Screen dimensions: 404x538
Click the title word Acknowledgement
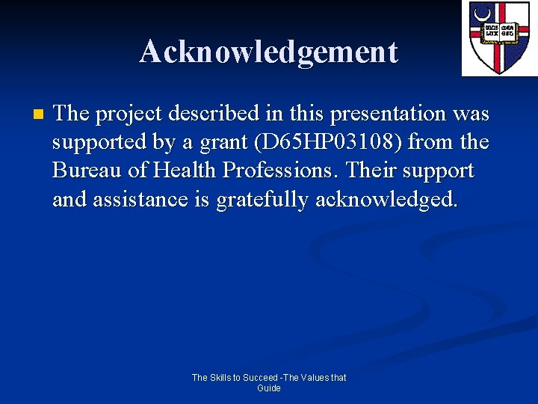pos(268,52)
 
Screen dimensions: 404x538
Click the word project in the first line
pos(126,114)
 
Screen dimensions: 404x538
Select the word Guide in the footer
pos(269,388)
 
